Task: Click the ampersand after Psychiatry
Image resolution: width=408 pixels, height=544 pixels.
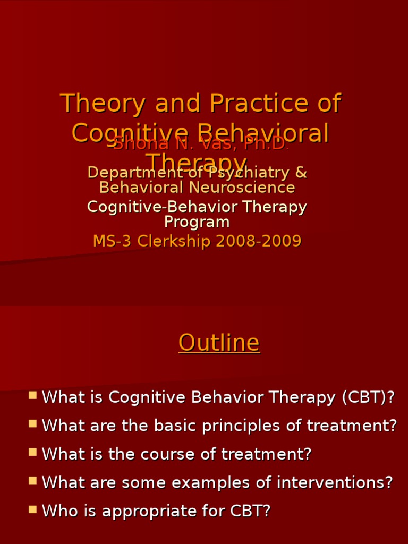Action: click(x=301, y=173)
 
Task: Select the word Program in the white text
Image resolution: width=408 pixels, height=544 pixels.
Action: click(x=197, y=222)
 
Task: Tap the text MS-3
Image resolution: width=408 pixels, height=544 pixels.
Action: click(x=113, y=241)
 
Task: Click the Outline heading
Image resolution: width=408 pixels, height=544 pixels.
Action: click(x=219, y=343)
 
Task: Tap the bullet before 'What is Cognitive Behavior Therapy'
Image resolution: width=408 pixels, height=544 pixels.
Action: click(x=33, y=395)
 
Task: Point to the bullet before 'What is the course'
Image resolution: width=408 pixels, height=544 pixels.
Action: click(x=33, y=452)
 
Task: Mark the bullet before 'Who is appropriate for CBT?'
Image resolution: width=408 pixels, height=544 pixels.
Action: click(x=33, y=509)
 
